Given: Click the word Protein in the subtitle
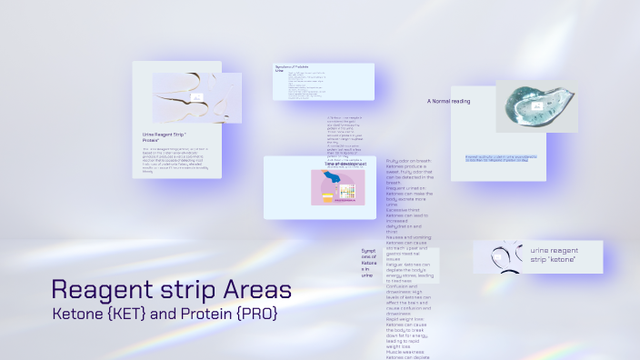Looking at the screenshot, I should point(202,314).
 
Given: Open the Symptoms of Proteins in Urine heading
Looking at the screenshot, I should point(294,68).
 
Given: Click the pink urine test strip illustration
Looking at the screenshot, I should point(338,188).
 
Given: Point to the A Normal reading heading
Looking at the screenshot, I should point(449,101).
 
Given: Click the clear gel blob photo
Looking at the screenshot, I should point(536,107).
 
